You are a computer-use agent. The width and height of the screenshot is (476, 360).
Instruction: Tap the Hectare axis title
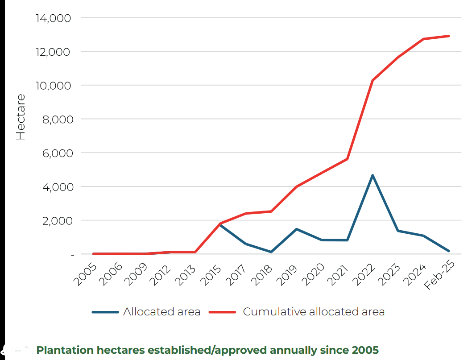tap(21, 117)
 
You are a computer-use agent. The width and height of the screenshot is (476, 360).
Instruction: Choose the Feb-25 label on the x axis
tap(439, 277)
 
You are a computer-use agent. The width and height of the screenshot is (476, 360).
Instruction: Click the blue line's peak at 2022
tap(373, 175)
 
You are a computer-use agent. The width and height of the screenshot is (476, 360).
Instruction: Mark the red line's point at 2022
tap(373, 81)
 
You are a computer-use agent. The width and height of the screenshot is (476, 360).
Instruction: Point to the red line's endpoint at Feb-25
tap(448, 36)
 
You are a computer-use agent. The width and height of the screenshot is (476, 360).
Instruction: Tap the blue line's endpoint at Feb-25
tap(448, 251)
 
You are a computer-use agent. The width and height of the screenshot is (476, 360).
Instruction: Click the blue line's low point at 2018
tap(271, 252)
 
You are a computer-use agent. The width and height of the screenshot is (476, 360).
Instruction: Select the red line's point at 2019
tap(296, 186)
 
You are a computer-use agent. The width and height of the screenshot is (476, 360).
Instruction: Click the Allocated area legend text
tap(161, 312)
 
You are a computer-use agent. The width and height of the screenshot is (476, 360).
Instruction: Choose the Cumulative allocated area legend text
tap(313, 312)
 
